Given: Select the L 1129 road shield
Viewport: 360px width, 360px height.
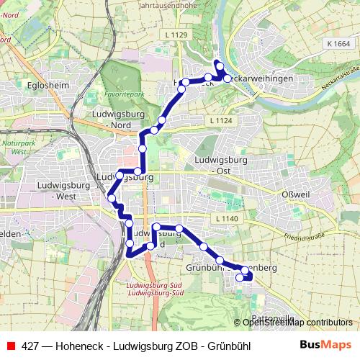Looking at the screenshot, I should pos(176,35).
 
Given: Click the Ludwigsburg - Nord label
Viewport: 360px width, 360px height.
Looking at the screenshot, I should pos(116,118).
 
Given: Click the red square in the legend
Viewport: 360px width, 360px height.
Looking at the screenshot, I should pos(10,346).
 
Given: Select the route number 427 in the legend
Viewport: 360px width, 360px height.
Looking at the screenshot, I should pos(30,346).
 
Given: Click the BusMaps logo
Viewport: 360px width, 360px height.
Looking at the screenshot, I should pos(325,346).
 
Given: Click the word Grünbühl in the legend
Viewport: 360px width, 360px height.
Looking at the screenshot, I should pos(228,346).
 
